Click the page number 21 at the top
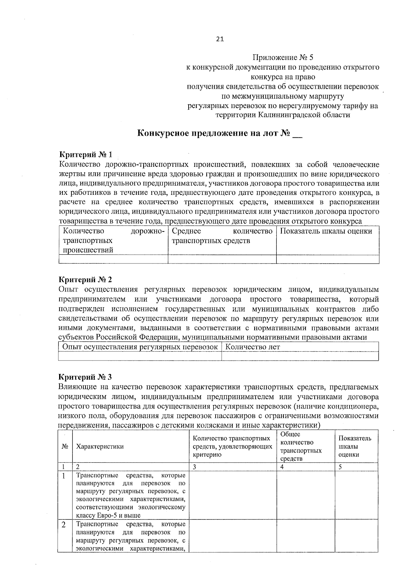220,39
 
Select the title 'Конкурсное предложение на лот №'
214,133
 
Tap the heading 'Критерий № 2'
85,280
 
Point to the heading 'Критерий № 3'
85,377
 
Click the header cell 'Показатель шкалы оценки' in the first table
326,231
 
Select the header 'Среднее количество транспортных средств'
222,236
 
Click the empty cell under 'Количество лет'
300,356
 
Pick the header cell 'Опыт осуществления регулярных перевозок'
140,347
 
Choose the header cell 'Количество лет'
253,347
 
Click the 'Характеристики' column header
100,447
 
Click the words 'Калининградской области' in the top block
304,115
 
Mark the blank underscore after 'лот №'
298,134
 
